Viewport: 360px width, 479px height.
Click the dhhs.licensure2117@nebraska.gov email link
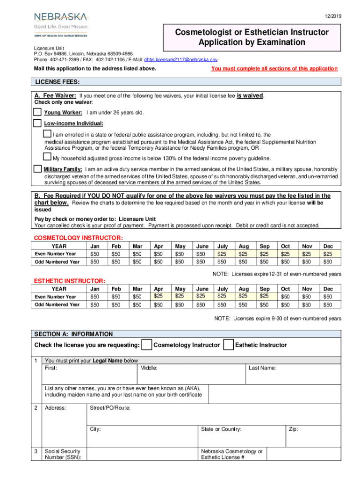[180, 60]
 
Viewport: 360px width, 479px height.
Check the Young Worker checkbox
[37, 112]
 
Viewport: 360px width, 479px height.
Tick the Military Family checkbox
[37, 168]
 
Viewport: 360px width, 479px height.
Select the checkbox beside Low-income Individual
[37, 123]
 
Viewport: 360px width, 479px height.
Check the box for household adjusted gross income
[47, 157]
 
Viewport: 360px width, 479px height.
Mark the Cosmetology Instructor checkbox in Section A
[146, 345]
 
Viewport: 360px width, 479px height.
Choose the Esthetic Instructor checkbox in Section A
[228, 345]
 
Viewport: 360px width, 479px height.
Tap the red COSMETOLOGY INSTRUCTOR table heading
[78, 238]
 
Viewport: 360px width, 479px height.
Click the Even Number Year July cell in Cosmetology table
[222, 254]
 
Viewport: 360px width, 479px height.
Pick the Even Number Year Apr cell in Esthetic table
[158, 296]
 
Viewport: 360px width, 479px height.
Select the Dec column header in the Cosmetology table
[328, 246]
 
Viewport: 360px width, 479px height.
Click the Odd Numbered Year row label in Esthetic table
[57, 305]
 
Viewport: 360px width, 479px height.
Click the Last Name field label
[262, 368]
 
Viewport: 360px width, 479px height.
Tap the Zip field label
[293, 429]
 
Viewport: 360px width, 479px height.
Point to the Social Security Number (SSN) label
[63, 455]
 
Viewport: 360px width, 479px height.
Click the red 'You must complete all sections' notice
[274, 69]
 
